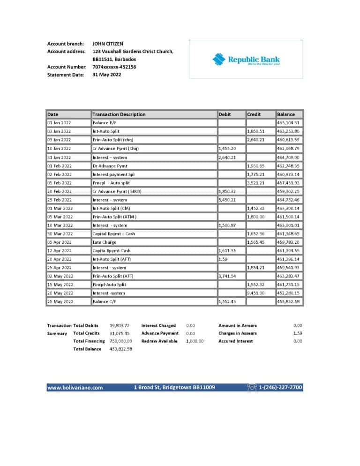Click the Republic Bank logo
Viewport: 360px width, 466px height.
coord(246,60)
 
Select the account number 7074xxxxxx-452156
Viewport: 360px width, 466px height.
coord(114,67)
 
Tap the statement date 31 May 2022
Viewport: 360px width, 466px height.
coord(107,75)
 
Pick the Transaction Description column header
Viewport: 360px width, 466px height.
coord(119,114)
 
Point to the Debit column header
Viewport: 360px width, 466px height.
coord(225,114)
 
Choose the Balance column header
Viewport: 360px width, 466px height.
coord(286,114)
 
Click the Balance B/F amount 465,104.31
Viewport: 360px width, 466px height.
coord(288,123)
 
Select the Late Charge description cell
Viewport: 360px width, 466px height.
coord(105,242)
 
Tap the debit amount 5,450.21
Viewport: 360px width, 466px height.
coord(227,200)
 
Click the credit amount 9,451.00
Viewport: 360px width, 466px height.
coord(256,293)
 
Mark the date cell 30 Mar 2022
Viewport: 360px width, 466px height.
coord(60,233)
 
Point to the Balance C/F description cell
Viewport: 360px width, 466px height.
coord(105,301)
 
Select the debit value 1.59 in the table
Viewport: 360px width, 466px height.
coord(223,259)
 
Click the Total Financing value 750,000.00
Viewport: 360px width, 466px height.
coord(120,341)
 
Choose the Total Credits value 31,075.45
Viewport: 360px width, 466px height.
coord(119,333)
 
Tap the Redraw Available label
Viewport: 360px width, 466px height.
coord(159,341)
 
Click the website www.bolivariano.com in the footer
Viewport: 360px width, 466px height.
coord(75,388)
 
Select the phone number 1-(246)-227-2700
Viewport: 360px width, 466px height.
coord(280,388)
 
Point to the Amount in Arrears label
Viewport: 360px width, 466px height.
coord(237,325)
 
